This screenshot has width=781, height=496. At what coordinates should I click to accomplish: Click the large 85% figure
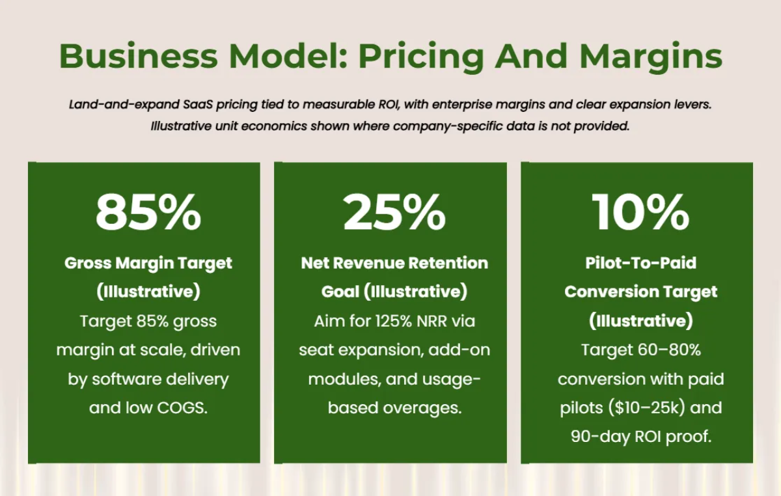148,212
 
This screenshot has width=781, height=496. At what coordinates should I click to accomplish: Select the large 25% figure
394,212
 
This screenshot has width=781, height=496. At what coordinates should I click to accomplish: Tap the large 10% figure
640,212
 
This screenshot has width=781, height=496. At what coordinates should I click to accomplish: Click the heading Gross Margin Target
148,264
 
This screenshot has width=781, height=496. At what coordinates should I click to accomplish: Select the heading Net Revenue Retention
394,263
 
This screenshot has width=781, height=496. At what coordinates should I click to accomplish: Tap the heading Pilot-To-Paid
640,263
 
